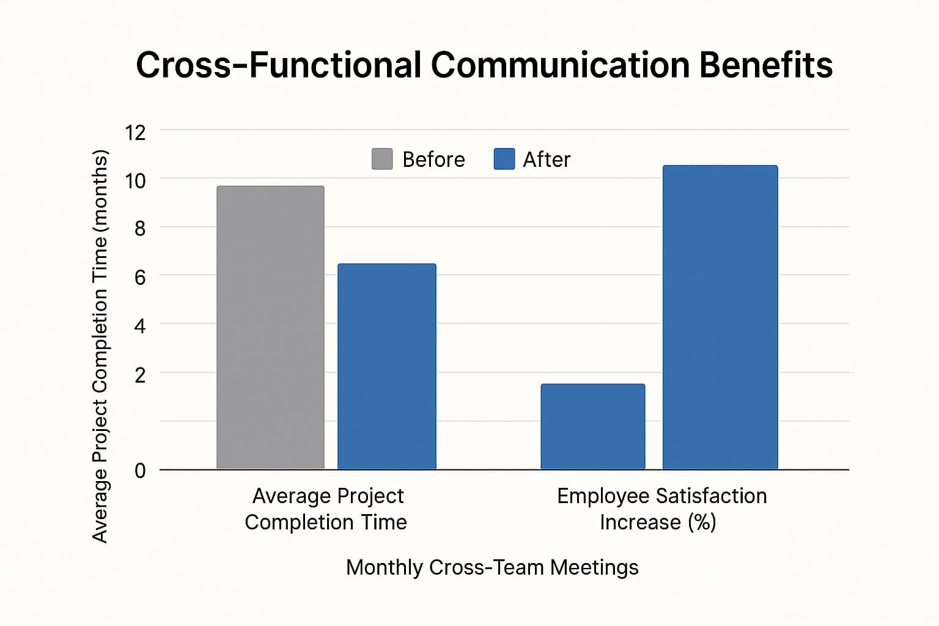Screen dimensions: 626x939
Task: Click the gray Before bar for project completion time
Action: pos(270,327)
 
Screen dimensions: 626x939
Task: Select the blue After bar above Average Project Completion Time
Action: pos(386,366)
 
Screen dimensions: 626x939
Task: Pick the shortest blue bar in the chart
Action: pos(592,426)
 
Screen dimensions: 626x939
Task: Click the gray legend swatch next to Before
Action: pos(382,159)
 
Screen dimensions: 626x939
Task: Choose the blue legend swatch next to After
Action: pos(504,159)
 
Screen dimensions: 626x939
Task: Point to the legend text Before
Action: pos(433,160)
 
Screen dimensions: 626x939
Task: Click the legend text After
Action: pos(547,160)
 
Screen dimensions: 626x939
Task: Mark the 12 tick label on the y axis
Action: pos(135,132)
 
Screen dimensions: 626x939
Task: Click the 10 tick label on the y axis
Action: pos(135,180)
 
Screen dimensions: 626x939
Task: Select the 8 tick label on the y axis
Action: pos(140,229)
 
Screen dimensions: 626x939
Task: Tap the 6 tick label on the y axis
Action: pos(140,278)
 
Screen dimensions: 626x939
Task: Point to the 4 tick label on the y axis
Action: pos(140,326)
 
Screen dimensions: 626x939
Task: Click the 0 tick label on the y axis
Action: pos(140,470)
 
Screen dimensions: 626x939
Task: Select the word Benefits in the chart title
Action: pos(765,65)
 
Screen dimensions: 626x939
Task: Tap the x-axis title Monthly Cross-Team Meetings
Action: pos(492,567)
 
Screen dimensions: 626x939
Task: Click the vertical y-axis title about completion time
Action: pos(100,345)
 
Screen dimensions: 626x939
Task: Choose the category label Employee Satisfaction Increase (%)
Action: pos(661,509)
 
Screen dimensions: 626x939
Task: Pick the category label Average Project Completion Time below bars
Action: pos(326,509)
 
